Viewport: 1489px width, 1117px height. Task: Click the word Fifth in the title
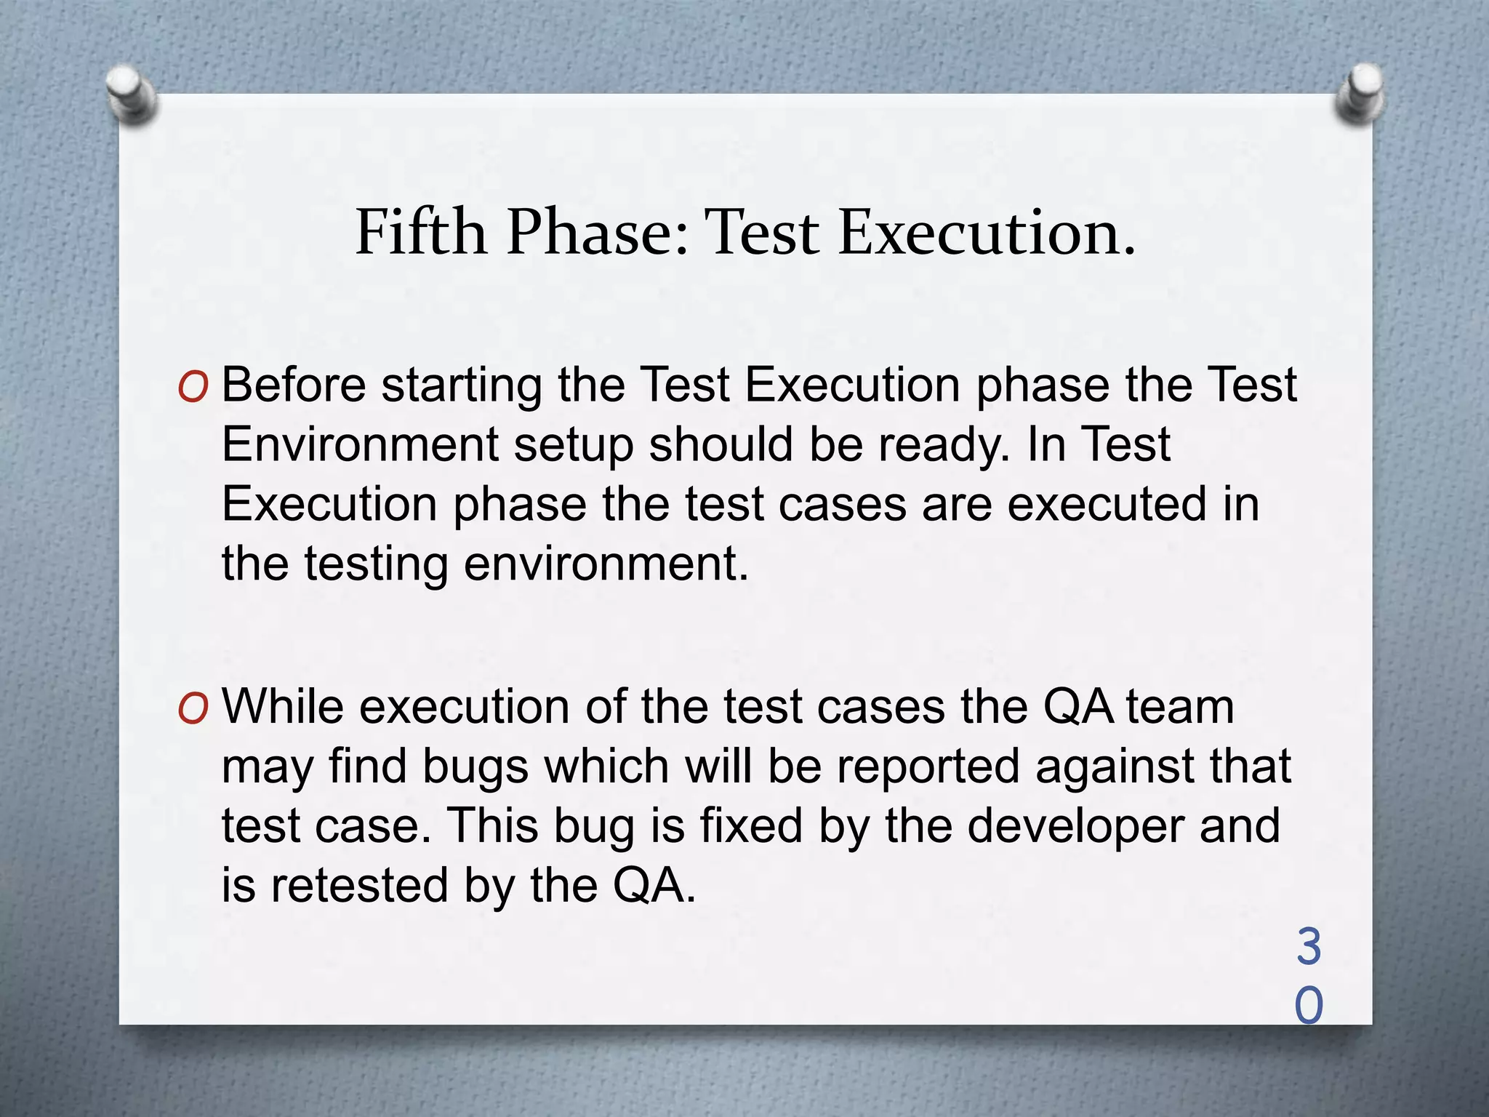(420, 232)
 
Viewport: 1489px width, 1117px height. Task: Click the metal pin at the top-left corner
(131, 95)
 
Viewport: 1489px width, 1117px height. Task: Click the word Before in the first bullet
(294, 385)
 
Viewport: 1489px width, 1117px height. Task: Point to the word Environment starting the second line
(360, 444)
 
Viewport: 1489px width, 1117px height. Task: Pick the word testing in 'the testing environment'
(375, 565)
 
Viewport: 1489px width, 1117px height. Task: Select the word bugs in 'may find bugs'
(475, 768)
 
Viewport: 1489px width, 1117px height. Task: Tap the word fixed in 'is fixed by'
(751, 826)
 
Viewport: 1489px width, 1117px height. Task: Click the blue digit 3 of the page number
(1309, 948)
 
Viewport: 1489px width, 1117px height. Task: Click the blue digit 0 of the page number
(1309, 1006)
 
